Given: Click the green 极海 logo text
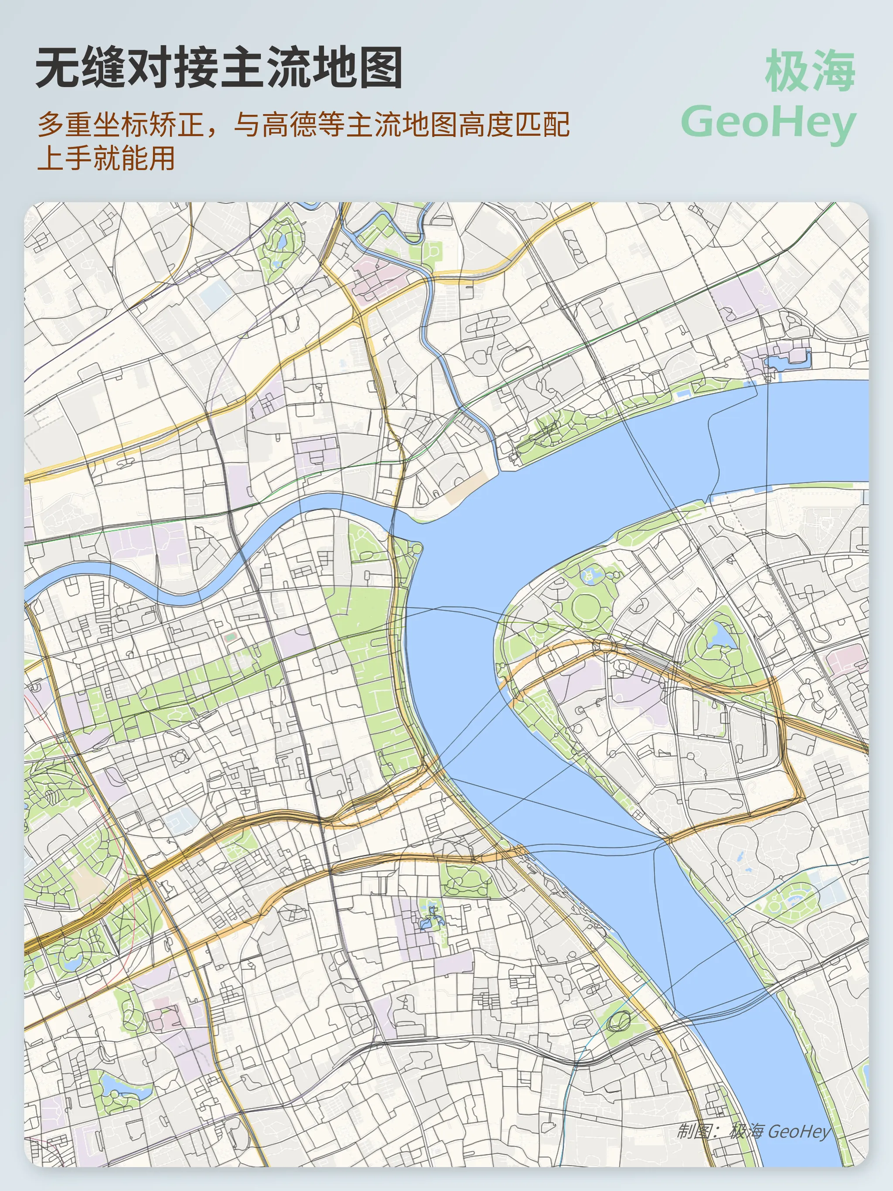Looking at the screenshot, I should coord(810,71).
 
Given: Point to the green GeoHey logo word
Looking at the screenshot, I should coord(768,123).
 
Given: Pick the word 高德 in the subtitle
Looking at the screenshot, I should coord(290,125).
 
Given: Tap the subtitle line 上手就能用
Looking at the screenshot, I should coord(106,158).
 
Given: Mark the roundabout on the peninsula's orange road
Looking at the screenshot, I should coord(605,644).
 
